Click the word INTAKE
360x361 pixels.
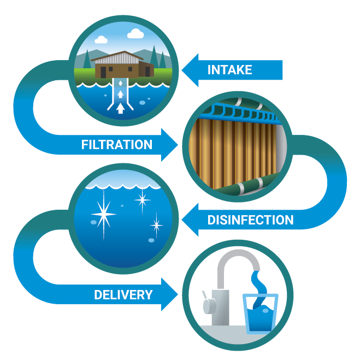(229, 70)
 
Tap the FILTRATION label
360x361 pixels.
(116, 145)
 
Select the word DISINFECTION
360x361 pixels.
(250, 220)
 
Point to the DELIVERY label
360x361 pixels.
(123, 295)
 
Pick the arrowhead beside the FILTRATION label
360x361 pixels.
(169, 145)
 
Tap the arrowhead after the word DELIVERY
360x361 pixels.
(170, 295)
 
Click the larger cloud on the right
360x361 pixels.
(135, 34)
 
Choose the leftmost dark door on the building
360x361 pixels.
(100, 70)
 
